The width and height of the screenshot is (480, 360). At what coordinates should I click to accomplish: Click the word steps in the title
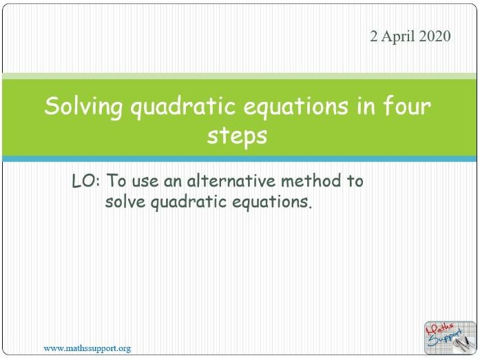pos(237,135)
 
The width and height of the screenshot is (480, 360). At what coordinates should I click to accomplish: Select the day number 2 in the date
pos(374,37)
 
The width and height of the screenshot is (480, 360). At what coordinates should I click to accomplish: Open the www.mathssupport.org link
pos(87,348)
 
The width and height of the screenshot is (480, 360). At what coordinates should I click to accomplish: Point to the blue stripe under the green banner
pos(240,159)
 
